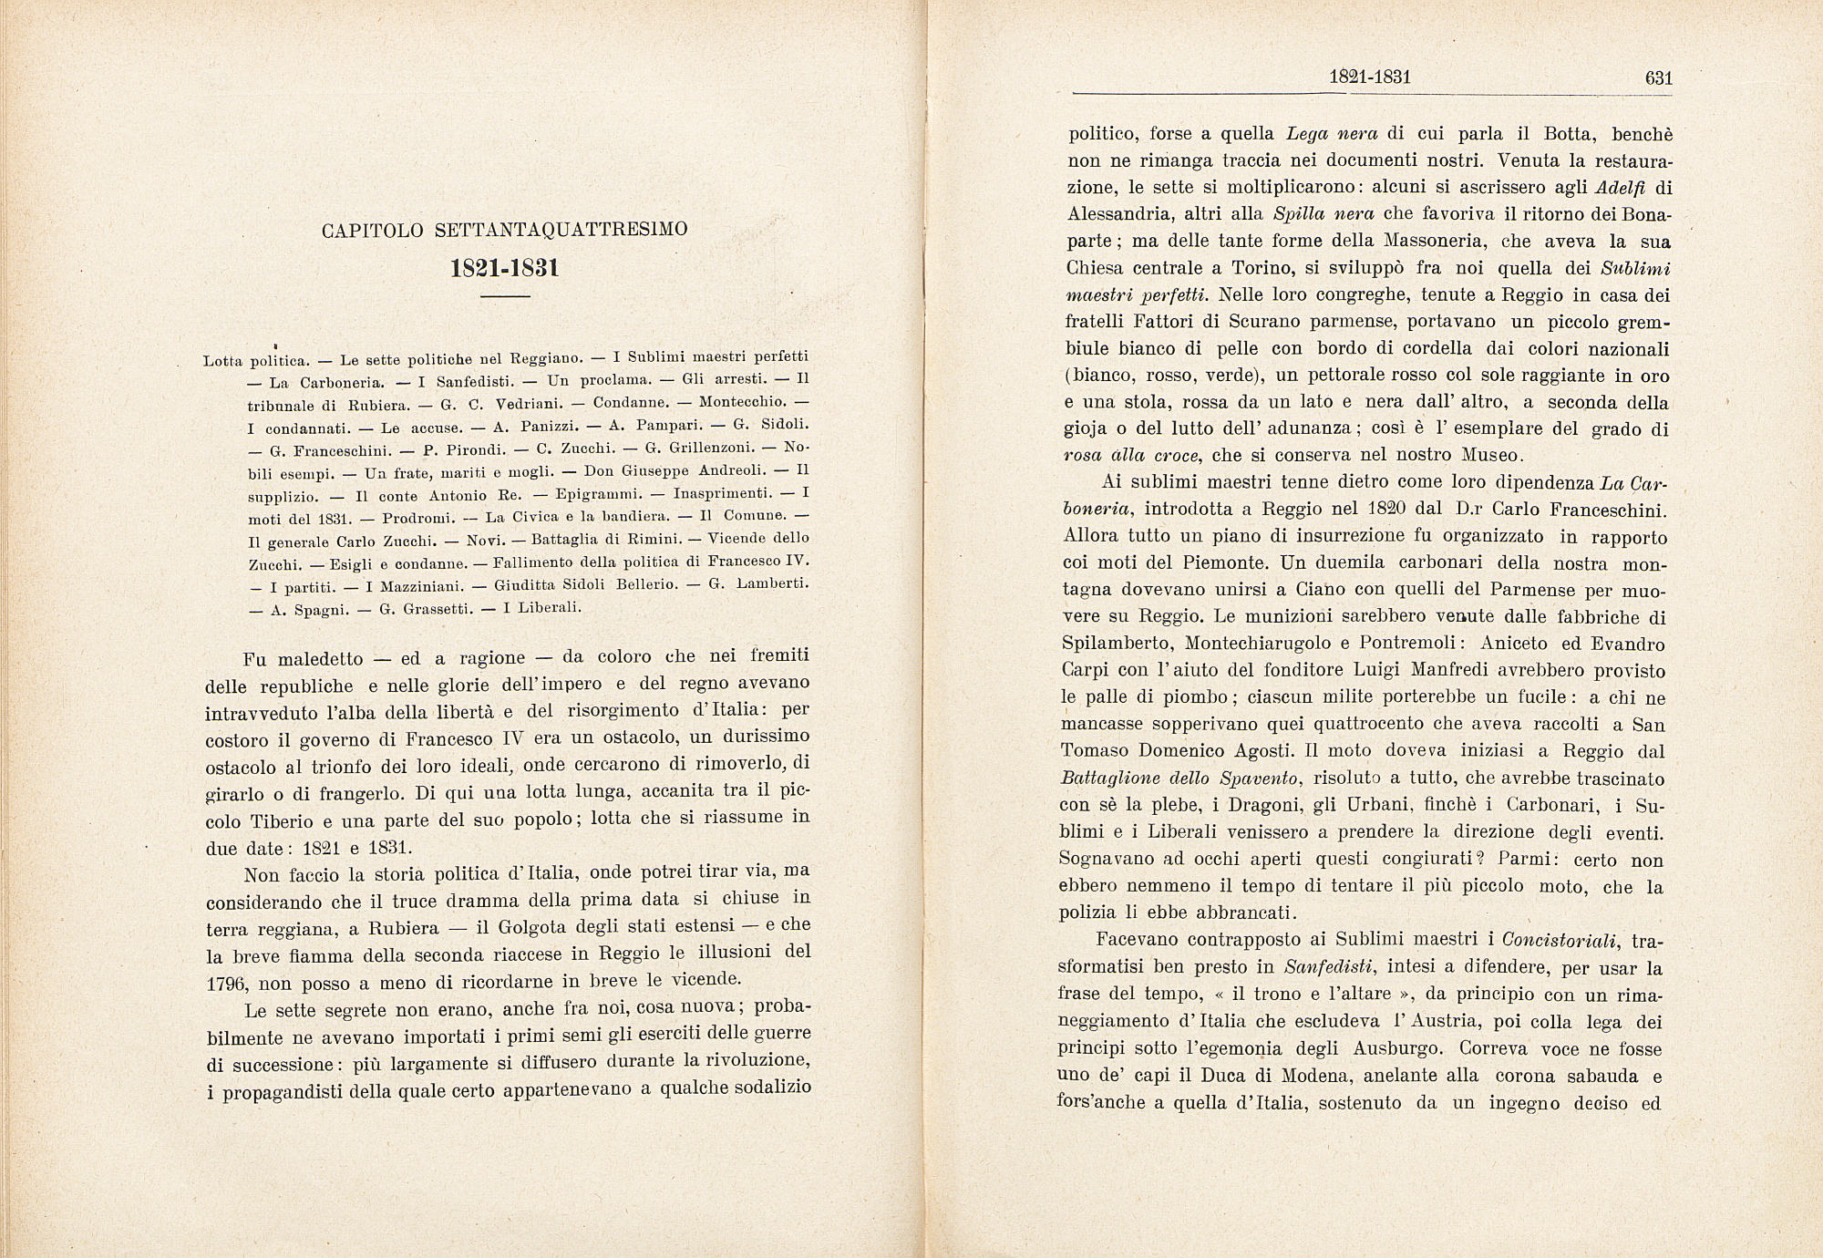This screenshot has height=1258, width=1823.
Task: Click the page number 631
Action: (x=1659, y=78)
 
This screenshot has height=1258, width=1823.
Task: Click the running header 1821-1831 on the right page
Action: (x=1370, y=77)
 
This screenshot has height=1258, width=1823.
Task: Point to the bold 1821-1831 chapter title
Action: (x=505, y=269)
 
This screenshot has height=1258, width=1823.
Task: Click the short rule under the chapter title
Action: (x=505, y=296)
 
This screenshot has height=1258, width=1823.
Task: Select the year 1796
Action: (x=229, y=983)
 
